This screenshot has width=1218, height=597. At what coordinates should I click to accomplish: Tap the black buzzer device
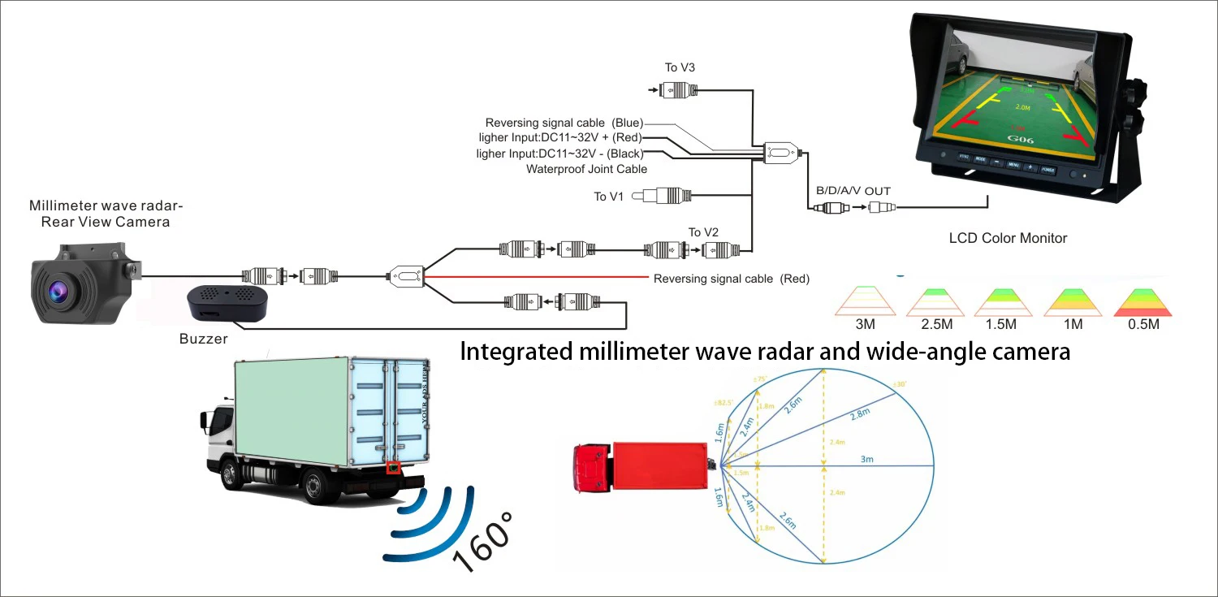pos(227,303)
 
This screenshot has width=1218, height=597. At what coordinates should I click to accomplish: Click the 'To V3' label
pos(679,67)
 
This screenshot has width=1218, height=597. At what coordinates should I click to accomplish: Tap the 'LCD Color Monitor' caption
pos(1008,238)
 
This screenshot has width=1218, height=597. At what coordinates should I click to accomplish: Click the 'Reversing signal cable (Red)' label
pos(732,279)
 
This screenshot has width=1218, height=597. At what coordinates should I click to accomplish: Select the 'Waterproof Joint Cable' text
pos(586,169)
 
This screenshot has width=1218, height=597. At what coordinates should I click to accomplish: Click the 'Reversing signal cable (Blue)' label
pos(564,123)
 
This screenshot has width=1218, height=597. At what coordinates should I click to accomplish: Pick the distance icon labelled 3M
pos(865,301)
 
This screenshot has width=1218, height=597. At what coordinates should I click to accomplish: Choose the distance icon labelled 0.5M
pos(1143,301)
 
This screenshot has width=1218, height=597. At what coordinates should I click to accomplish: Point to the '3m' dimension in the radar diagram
pos(867,460)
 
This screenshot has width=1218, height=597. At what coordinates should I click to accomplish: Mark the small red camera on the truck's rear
pos(394,468)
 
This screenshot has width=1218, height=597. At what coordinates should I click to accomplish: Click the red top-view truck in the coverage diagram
pos(641,466)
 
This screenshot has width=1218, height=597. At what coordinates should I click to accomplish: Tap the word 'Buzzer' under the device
pos(203,339)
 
